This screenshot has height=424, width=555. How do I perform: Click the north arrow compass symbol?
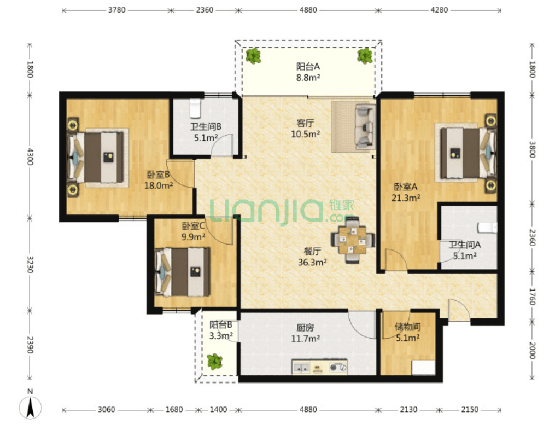click(x=31, y=407)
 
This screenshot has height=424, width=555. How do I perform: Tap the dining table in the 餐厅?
click(x=353, y=240)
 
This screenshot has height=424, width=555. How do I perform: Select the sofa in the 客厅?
click(x=365, y=126)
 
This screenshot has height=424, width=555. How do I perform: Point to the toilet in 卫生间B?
click(x=195, y=108)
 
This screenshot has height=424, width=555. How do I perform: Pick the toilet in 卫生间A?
click(x=487, y=227)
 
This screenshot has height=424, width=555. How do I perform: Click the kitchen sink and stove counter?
click(x=319, y=367)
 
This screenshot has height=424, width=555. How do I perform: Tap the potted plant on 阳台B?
click(x=214, y=362)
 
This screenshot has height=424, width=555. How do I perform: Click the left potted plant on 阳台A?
click(x=253, y=56)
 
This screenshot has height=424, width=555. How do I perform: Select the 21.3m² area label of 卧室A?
click(x=406, y=198)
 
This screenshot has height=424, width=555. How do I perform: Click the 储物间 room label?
click(x=408, y=327)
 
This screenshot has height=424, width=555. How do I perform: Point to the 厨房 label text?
click(x=305, y=327)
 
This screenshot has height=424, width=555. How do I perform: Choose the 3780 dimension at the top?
click(x=117, y=10)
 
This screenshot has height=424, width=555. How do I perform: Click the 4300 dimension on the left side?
click(x=30, y=156)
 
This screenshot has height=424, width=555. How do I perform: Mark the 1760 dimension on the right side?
click(x=532, y=297)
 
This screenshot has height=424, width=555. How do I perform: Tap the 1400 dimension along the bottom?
click(x=218, y=409)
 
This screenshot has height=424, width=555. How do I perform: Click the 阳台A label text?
click(x=308, y=66)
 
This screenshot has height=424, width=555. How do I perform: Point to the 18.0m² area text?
click(x=159, y=185)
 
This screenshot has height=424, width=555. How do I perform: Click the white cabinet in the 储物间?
click(x=424, y=368)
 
